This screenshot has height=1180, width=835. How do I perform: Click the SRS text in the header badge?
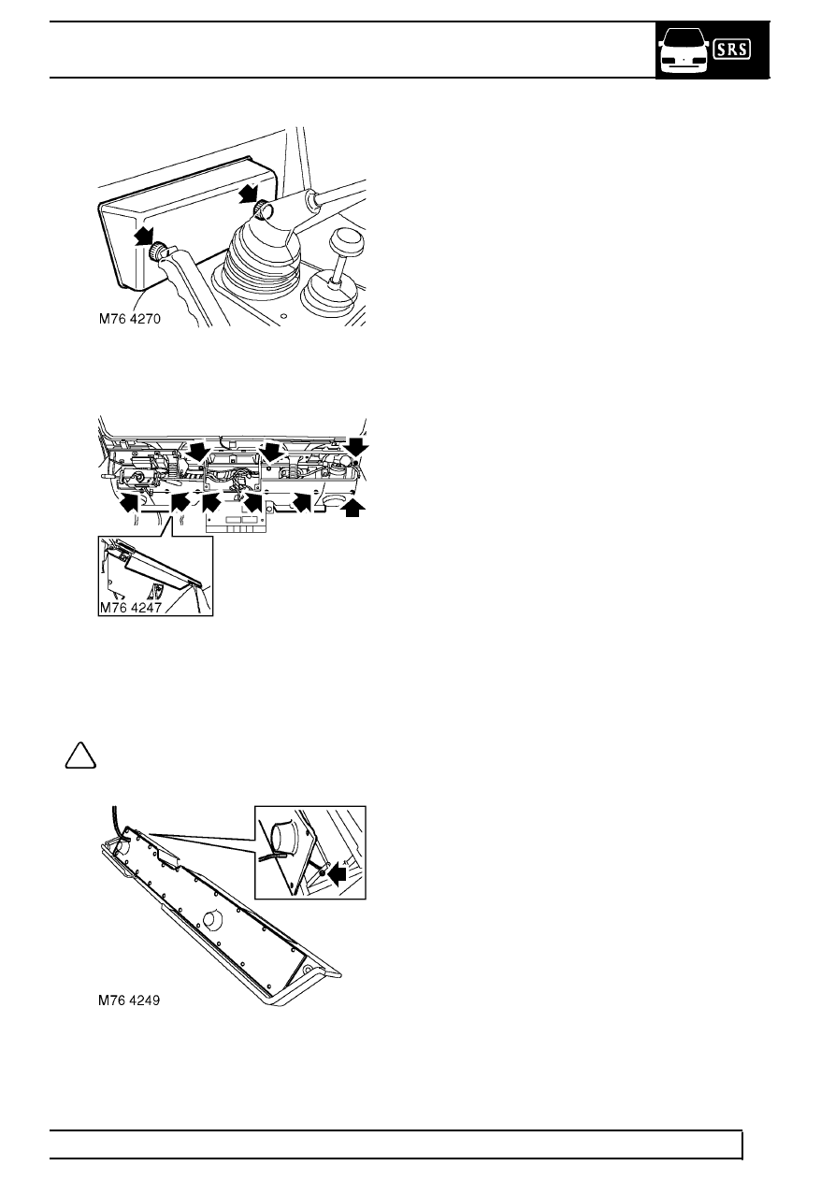pos(732,50)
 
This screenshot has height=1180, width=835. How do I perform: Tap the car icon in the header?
pos(684,50)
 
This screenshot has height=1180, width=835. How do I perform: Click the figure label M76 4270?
pos(130,319)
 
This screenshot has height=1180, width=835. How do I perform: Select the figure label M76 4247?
pos(131,607)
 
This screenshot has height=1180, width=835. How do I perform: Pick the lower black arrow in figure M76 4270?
pos(144,236)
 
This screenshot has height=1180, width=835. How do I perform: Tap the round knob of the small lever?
pos(346,243)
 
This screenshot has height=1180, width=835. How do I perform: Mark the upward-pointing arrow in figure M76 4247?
pos(353,509)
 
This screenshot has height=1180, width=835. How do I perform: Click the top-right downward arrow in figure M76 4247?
pos(358,446)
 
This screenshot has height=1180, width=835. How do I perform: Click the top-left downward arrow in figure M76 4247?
pos(199,451)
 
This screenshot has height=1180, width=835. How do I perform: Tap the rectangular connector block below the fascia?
pos(236,523)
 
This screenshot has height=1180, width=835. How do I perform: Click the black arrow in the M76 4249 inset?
pos(336,873)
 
